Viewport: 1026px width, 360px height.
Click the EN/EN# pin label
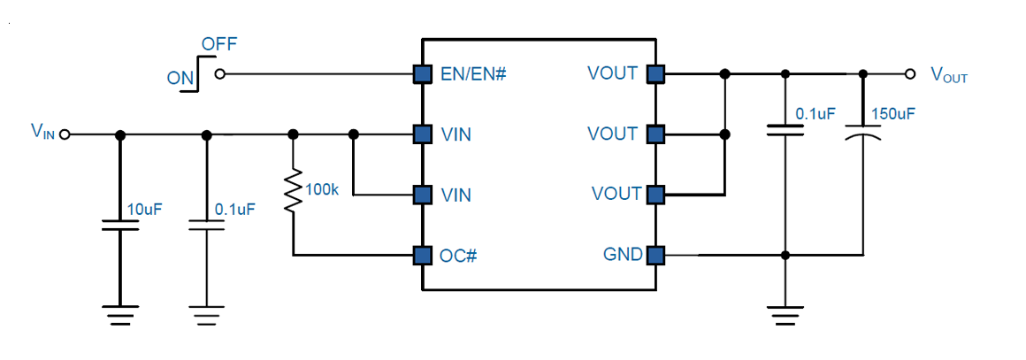tap(474, 74)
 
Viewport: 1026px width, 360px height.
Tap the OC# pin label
tap(459, 256)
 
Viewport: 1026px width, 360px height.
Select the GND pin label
tap(621, 255)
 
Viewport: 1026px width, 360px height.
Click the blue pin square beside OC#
tap(423, 256)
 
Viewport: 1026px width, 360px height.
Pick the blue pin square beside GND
tap(655, 255)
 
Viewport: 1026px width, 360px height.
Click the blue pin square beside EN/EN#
tap(423, 74)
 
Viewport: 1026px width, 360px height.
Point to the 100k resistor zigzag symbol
tap(293, 190)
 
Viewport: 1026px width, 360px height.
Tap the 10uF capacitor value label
tap(144, 211)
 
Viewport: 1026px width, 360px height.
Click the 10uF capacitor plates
tap(119, 226)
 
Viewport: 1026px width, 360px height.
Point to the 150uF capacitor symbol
tap(863, 135)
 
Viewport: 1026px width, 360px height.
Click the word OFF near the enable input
tap(219, 44)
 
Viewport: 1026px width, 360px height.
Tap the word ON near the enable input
tap(180, 79)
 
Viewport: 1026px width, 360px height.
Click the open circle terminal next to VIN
tap(64, 134)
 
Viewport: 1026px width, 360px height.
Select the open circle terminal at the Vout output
tap(909, 74)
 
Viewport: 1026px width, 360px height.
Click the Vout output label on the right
tap(949, 74)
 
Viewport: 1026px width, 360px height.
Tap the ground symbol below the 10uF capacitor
tap(119, 315)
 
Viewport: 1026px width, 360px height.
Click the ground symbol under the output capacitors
tap(785, 315)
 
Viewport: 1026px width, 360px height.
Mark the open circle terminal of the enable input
tap(220, 74)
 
